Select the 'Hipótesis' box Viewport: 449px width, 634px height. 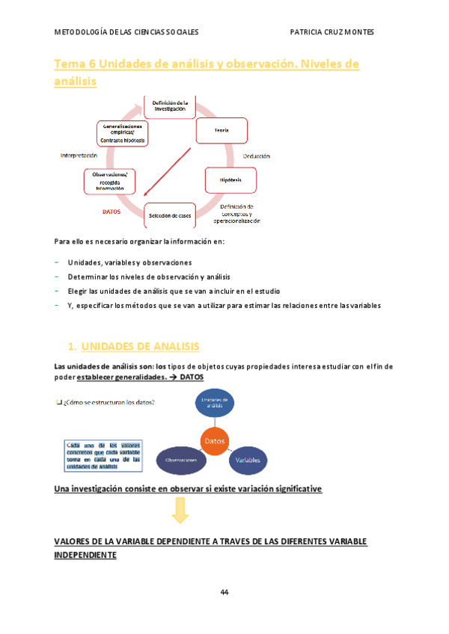(230, 180)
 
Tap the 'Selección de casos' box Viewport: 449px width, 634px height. (169, 215)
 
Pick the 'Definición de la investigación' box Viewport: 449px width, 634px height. (169, 106)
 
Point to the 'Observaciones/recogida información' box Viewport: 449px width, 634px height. (110, 182)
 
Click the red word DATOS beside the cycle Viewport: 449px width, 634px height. (111, 212)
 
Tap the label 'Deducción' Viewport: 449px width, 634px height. (256, 156)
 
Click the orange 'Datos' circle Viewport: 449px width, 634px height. (215, 440)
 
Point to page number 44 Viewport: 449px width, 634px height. (224, 592)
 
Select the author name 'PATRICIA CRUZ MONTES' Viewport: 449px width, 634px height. (332, 32)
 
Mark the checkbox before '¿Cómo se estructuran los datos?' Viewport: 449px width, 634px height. (59, 403)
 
